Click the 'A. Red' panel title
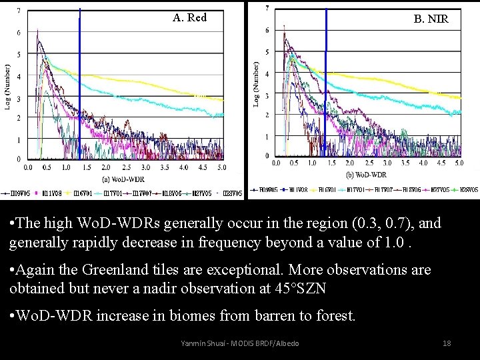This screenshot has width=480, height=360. (189, 17)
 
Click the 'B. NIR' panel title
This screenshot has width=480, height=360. (431, 19)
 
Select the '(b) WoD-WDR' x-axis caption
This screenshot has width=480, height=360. (366, 175)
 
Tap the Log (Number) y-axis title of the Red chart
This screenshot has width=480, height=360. (8, 87)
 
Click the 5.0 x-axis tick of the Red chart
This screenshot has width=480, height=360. (221, 168)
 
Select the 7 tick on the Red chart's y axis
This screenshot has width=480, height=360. (18, 11)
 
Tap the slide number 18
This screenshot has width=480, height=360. (447, 343)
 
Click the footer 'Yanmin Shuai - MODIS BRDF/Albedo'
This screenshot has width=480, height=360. (240, 343)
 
